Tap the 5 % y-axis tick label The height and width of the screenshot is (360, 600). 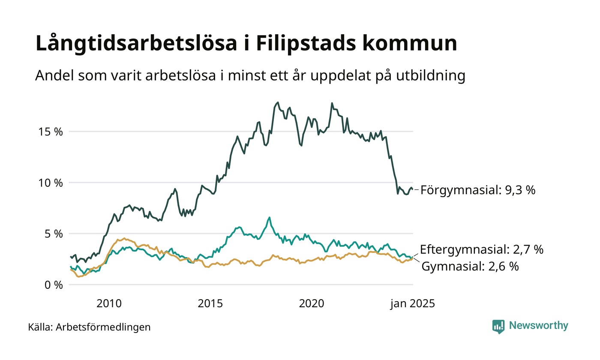tap(54, 234)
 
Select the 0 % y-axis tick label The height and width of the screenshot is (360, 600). tap(54, 285)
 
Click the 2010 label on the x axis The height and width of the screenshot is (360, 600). tap(109, 304)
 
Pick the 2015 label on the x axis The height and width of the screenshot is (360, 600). tap(210, 304)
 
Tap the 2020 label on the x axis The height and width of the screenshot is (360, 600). tap(312, 304)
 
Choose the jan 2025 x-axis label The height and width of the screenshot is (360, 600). tap(412, 304)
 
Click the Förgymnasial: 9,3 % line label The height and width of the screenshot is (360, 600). tap(478, 190)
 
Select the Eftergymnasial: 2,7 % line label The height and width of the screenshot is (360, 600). tap(482, 249)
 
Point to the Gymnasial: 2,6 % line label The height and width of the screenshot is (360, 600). tap(471, 267)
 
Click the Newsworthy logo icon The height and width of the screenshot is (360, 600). tap(498, 327)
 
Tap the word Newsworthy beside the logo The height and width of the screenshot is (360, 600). tap(539, 326)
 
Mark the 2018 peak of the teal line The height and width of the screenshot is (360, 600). tap(269, 218)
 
